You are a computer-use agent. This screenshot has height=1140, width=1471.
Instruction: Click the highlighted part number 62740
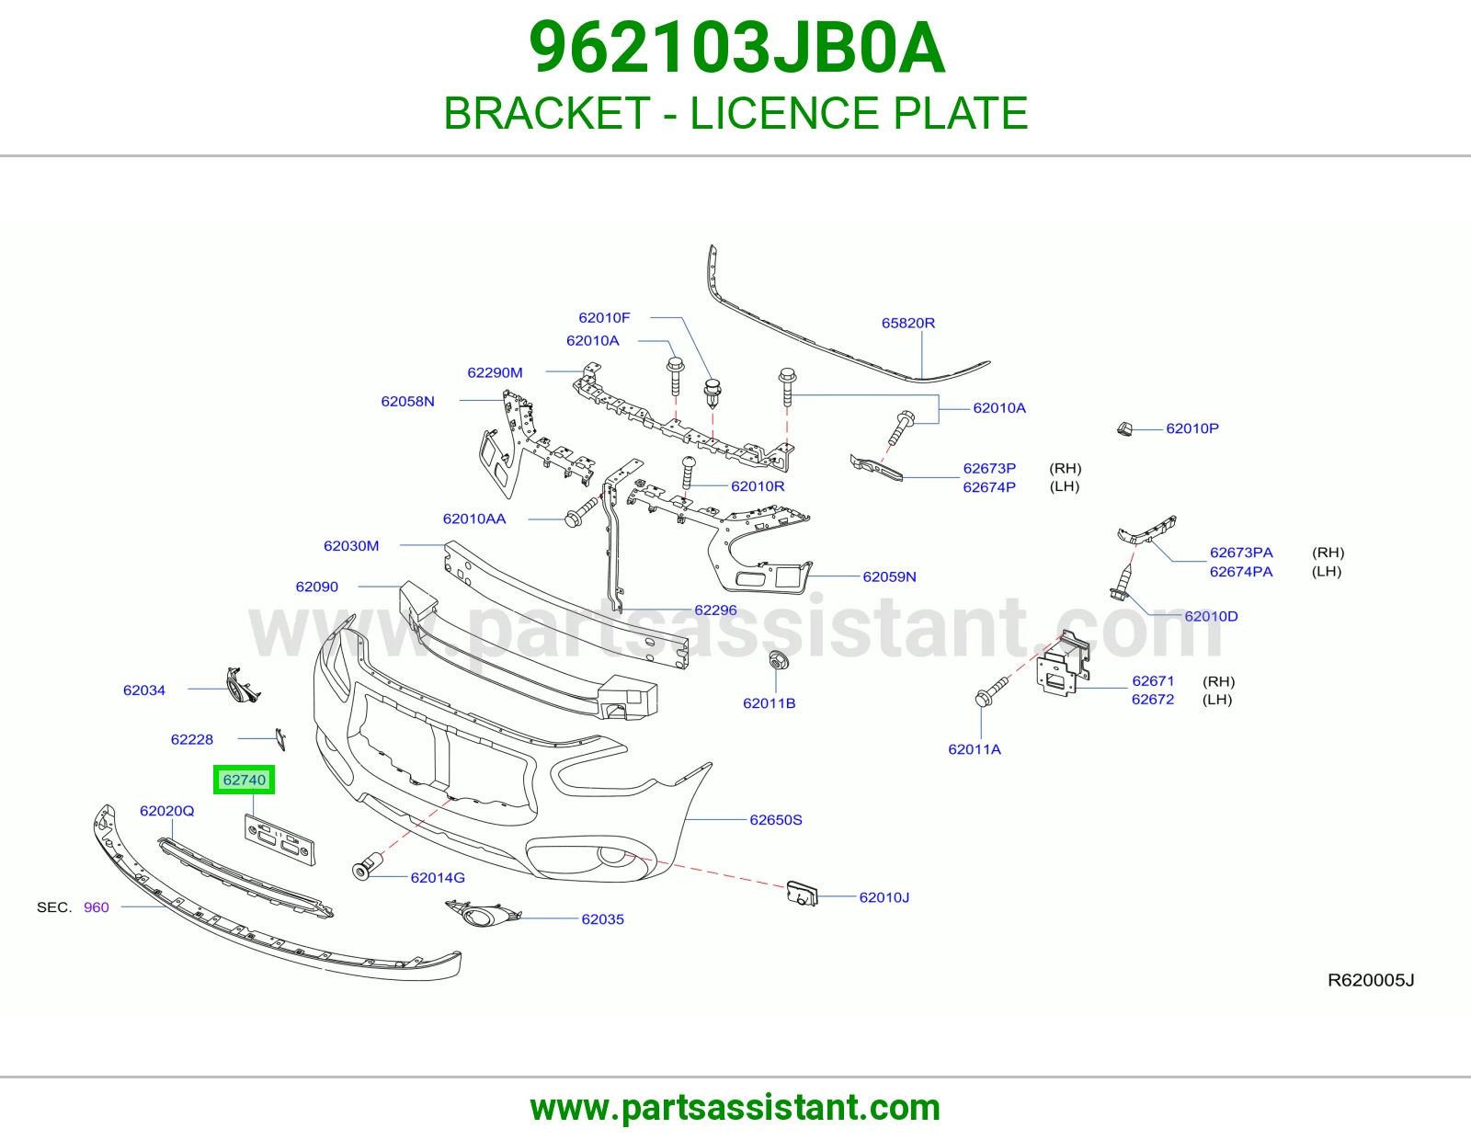244,780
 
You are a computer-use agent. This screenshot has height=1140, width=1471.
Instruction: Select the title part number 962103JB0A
736,48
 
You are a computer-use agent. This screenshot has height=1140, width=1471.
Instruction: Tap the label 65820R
907,323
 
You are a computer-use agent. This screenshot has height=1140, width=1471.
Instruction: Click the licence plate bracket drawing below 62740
279,840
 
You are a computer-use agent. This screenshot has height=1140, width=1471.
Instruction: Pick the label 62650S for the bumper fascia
775,820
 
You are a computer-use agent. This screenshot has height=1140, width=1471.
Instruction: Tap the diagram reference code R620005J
1371,980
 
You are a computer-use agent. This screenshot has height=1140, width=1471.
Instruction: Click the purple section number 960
97,907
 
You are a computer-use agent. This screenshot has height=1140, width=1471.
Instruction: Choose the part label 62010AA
473,519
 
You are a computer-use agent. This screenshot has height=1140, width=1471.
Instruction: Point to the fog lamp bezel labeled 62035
483,914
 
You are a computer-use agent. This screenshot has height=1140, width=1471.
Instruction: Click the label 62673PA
1241,553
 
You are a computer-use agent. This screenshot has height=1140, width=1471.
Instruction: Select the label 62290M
495,372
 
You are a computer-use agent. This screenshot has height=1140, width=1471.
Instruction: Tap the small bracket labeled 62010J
803,893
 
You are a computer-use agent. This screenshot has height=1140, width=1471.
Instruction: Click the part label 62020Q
166,811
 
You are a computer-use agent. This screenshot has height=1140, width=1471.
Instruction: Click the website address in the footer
735,1108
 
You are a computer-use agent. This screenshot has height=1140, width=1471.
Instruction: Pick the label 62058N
407,402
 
